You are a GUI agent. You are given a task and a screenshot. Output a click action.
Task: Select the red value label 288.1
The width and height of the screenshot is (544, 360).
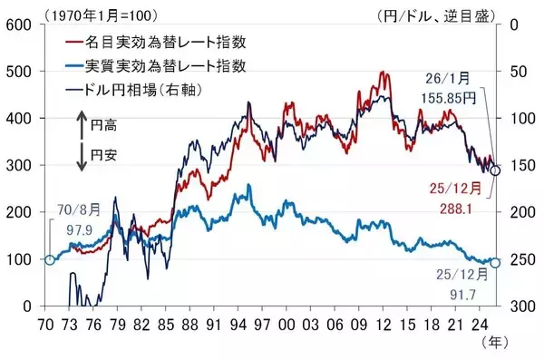coord(457,206)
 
